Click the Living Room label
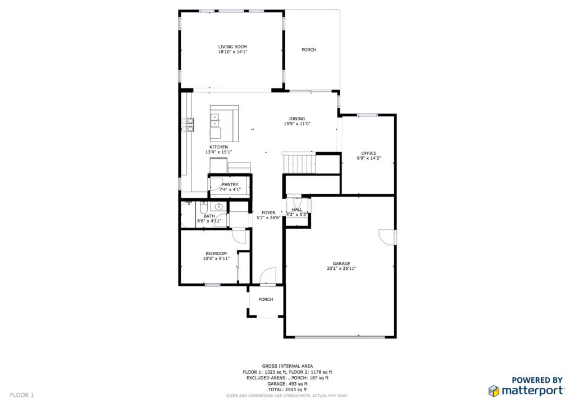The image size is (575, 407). point(232,47)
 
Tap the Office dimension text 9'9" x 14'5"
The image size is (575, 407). point(369,159)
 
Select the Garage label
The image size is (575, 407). point(341,264)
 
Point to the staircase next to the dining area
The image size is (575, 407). point(299,163)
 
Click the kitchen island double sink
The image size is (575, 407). point(215,120)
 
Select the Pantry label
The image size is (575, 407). point(230,184)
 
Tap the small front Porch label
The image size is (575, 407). point(266,300)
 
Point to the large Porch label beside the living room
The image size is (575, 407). point(309,50)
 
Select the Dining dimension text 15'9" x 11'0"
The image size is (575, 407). point(297,124)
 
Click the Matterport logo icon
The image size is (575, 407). point(494,391)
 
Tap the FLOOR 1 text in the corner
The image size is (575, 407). point(22,395)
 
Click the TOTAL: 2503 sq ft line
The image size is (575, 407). point(287,390)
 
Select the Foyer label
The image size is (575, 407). point(268,213)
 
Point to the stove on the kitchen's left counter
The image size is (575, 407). point(190,125)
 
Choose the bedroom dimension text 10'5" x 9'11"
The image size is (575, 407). point(216,259)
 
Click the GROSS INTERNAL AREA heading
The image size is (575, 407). point(287,367)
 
